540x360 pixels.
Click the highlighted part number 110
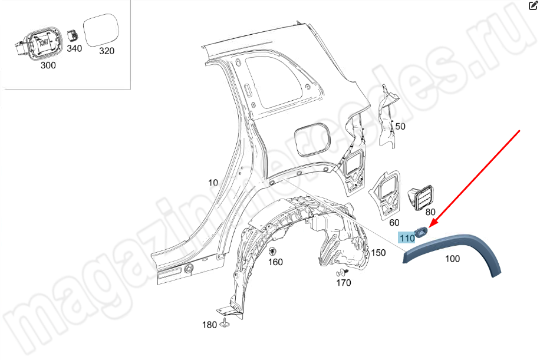click(407, 238)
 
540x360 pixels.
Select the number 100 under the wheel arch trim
click(452, 259)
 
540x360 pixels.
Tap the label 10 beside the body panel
click(213, 183)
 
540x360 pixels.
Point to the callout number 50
click(400, 126)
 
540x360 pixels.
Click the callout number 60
click(394, 223)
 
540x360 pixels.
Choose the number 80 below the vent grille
click(430, 212)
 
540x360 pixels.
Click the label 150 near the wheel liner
click(378, 253)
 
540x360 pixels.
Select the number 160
click(275, 262)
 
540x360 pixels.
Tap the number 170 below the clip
click(344, 283)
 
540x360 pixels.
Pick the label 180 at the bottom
click(209, 325)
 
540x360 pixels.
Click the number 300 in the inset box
click(48, 65)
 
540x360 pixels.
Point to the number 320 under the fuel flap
click(107, 51)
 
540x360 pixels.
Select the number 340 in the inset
click(74, 48)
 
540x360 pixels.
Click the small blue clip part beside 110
click(421, 232)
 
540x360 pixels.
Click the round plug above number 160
click(273, 251)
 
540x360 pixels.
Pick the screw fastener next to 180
click(226, 323)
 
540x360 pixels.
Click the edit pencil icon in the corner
click(533, 5)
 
